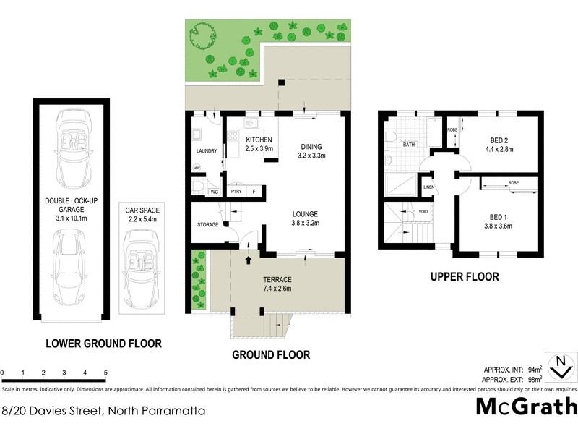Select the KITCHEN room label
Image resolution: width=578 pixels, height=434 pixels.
(x=259, y=140)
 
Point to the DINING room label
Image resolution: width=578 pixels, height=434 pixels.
(x=312, y=145)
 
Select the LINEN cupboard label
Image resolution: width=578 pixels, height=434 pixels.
(x=429, y=187)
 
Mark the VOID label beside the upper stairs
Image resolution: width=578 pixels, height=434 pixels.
(x=423, y=212)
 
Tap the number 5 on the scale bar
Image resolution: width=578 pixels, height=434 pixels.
(x=105, y=373)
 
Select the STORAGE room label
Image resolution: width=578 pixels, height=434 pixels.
(x=207, y=225)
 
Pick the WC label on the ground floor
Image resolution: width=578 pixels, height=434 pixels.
(x=214, y=192)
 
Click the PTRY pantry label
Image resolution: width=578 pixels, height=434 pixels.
(x=236, y=192)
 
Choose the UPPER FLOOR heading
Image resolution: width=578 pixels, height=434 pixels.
(x=465, y=276)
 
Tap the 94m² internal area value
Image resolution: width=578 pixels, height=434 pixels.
(x=534, y=369)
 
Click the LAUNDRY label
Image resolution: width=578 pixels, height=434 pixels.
(x=207, y=150)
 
